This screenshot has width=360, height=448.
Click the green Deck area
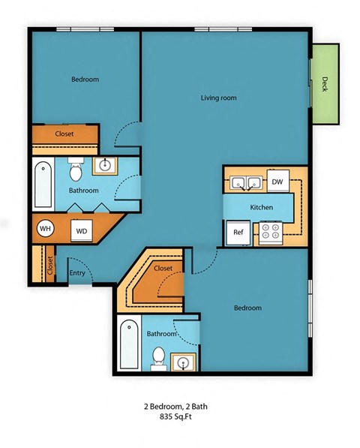pos(324,83)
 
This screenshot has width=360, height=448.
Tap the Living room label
pos(218,98)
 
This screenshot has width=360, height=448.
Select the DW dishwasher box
pos(277,182)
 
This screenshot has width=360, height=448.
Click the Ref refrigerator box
pos(238,233)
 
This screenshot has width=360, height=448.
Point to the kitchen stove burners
pos(269,233)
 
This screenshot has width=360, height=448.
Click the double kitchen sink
pos(245,182)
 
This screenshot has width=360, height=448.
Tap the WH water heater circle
pos(45,229)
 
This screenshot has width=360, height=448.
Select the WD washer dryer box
pos(81,230)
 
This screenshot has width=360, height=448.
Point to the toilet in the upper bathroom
pos(75,172)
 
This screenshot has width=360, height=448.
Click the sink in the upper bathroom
pos(106,165)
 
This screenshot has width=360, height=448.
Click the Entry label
pos(77,272)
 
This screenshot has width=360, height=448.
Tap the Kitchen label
pos(261,207)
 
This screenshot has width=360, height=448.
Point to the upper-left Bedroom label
pos(85,80)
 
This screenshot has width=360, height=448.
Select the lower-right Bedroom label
pos(247,308)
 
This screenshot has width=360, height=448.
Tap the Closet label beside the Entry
pos(50,265)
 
